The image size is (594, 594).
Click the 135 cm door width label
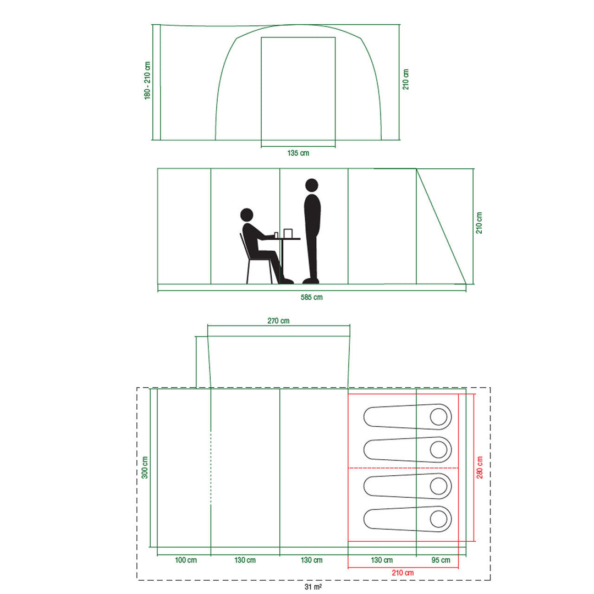(x=298, y=153)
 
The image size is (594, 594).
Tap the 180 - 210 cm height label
(x=147, y=81)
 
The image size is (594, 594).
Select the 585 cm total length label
(x=311, y=298)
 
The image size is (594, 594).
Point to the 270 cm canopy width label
(x=278, y=321)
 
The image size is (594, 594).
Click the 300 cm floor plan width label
(x=145, y=468)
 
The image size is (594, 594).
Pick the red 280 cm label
(x=480, y=468)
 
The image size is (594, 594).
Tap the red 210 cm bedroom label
(x=403, y=573)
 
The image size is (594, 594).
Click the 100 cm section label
(x=186, y=560)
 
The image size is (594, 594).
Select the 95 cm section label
(x=441, y=560)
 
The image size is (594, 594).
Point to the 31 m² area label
(x=313, y=587)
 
